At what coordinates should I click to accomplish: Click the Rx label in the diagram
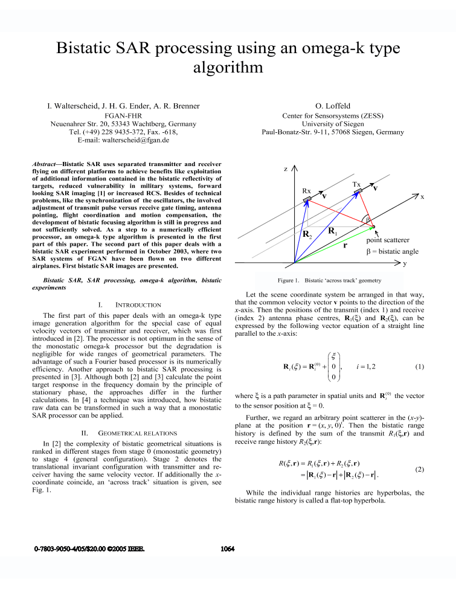click(306, 190)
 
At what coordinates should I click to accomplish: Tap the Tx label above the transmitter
click(356, 182)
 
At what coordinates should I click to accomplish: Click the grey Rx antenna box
click(307, 199)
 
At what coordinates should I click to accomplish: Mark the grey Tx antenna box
click(358, 191)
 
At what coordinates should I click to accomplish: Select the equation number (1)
click(420, 349)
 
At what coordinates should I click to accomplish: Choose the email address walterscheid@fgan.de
click(140, 140)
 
